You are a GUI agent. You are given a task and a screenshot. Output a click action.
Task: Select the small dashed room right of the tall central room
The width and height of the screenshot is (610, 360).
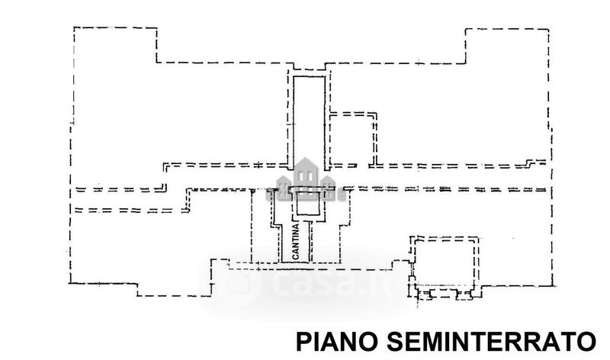click(352, 138)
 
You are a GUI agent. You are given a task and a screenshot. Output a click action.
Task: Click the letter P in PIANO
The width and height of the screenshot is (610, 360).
click(302, 339)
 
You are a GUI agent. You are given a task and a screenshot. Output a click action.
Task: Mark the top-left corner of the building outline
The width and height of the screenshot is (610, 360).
click(74, 27)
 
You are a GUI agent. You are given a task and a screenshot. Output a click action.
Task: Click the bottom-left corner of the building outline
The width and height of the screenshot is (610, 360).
click(70, 284)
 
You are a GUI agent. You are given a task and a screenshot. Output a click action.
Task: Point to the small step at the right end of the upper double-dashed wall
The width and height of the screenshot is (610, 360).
click(538, 161)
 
